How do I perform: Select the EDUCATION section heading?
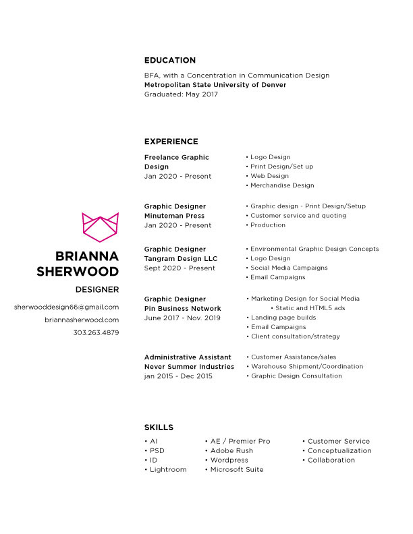coord(170,60)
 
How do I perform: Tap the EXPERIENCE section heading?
coord(171,142)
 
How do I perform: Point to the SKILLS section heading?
coord(159,427)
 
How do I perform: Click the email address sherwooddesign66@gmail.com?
coord(66,307)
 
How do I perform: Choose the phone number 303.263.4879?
coord(96,332)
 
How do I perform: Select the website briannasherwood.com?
coord(82,320)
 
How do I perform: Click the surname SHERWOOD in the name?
coord(78,271)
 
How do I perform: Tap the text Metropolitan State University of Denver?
coord(215,85)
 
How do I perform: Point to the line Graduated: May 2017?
coord(181,94)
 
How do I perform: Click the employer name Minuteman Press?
coord(175,216)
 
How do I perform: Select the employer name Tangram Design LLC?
coord(181,258)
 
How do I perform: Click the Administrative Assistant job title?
coord(188,357)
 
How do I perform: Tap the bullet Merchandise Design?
coord(282,185)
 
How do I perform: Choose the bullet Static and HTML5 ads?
coord(310,308)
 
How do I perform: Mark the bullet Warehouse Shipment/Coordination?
coord(307,367)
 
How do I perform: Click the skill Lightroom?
coord(168,469)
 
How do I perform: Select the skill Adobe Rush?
coord(231,450)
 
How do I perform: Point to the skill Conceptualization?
coord(339,450)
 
